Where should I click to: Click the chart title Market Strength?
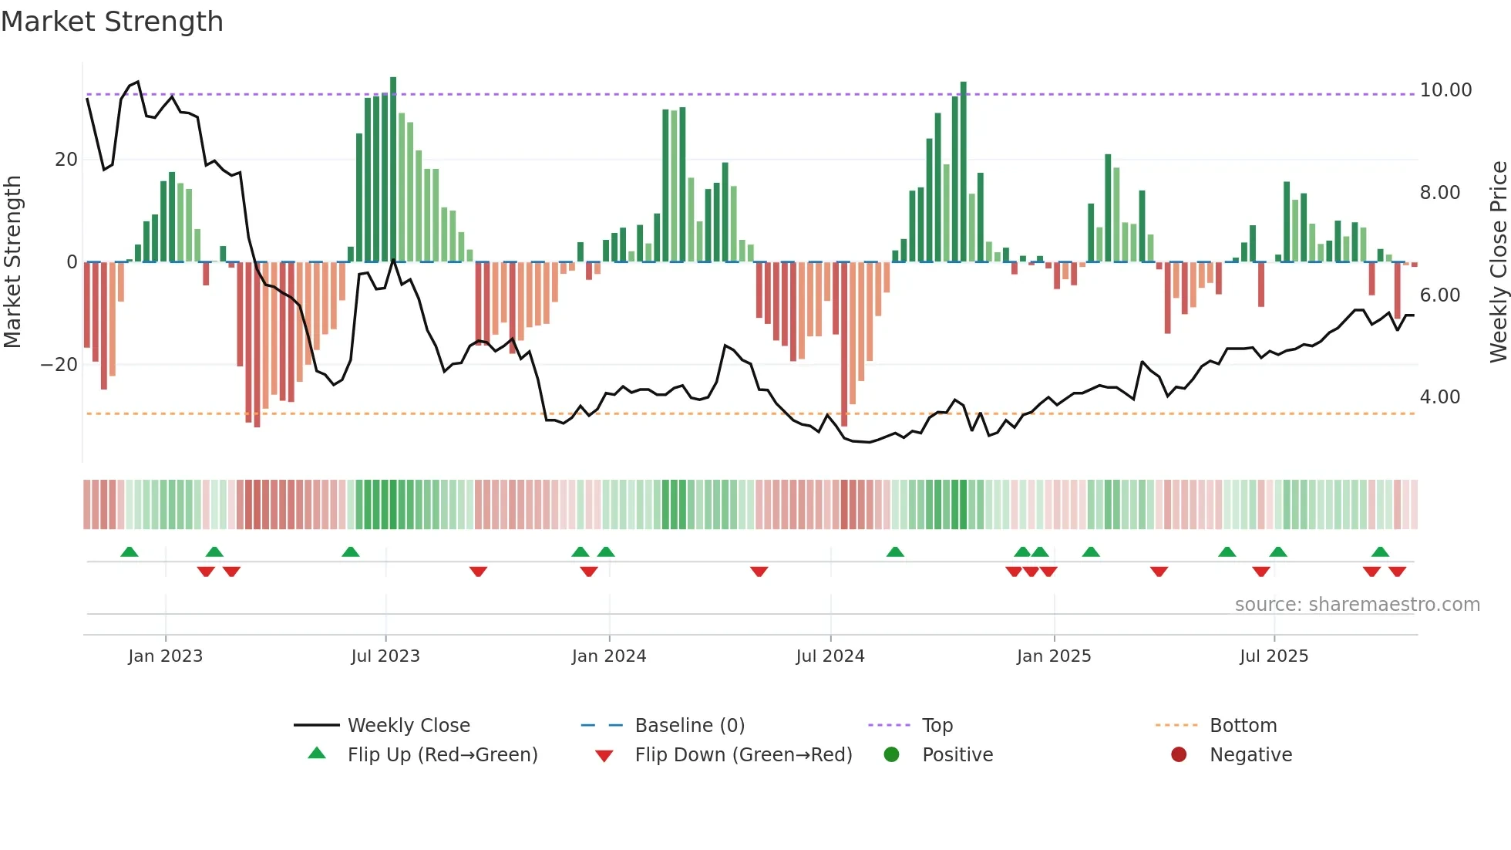pyautogui.click(x=112, y=22)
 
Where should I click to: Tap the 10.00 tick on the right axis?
pyautogui.click(x=1445, y=90)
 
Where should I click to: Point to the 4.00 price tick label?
pyautogui.click(x=1439, y=397)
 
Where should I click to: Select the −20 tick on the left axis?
pyautogui.click(x=59, y=365)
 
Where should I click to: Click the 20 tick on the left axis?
pyautogui.click(x=66, y=160)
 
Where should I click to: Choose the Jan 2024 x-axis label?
pyautogui.click(x=608, y=656)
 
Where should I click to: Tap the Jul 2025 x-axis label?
pyautogui.click(x=1274, y=656)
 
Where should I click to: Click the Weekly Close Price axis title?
pyautogui.click(x=1498, y=262)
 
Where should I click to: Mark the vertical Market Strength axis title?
pyautogui.click(x=12, y=262)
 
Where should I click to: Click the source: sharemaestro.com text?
pyautogui.click(x=1357, y=605)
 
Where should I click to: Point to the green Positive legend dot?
pyautogui.click(x=892, y=755)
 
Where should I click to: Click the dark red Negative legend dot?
pyautogui.click(x=1179, y=755)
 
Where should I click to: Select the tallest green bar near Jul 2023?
pyautogui.click(x=393, y=170)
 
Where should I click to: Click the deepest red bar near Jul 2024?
pyautogui.click(x=844, y=344)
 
